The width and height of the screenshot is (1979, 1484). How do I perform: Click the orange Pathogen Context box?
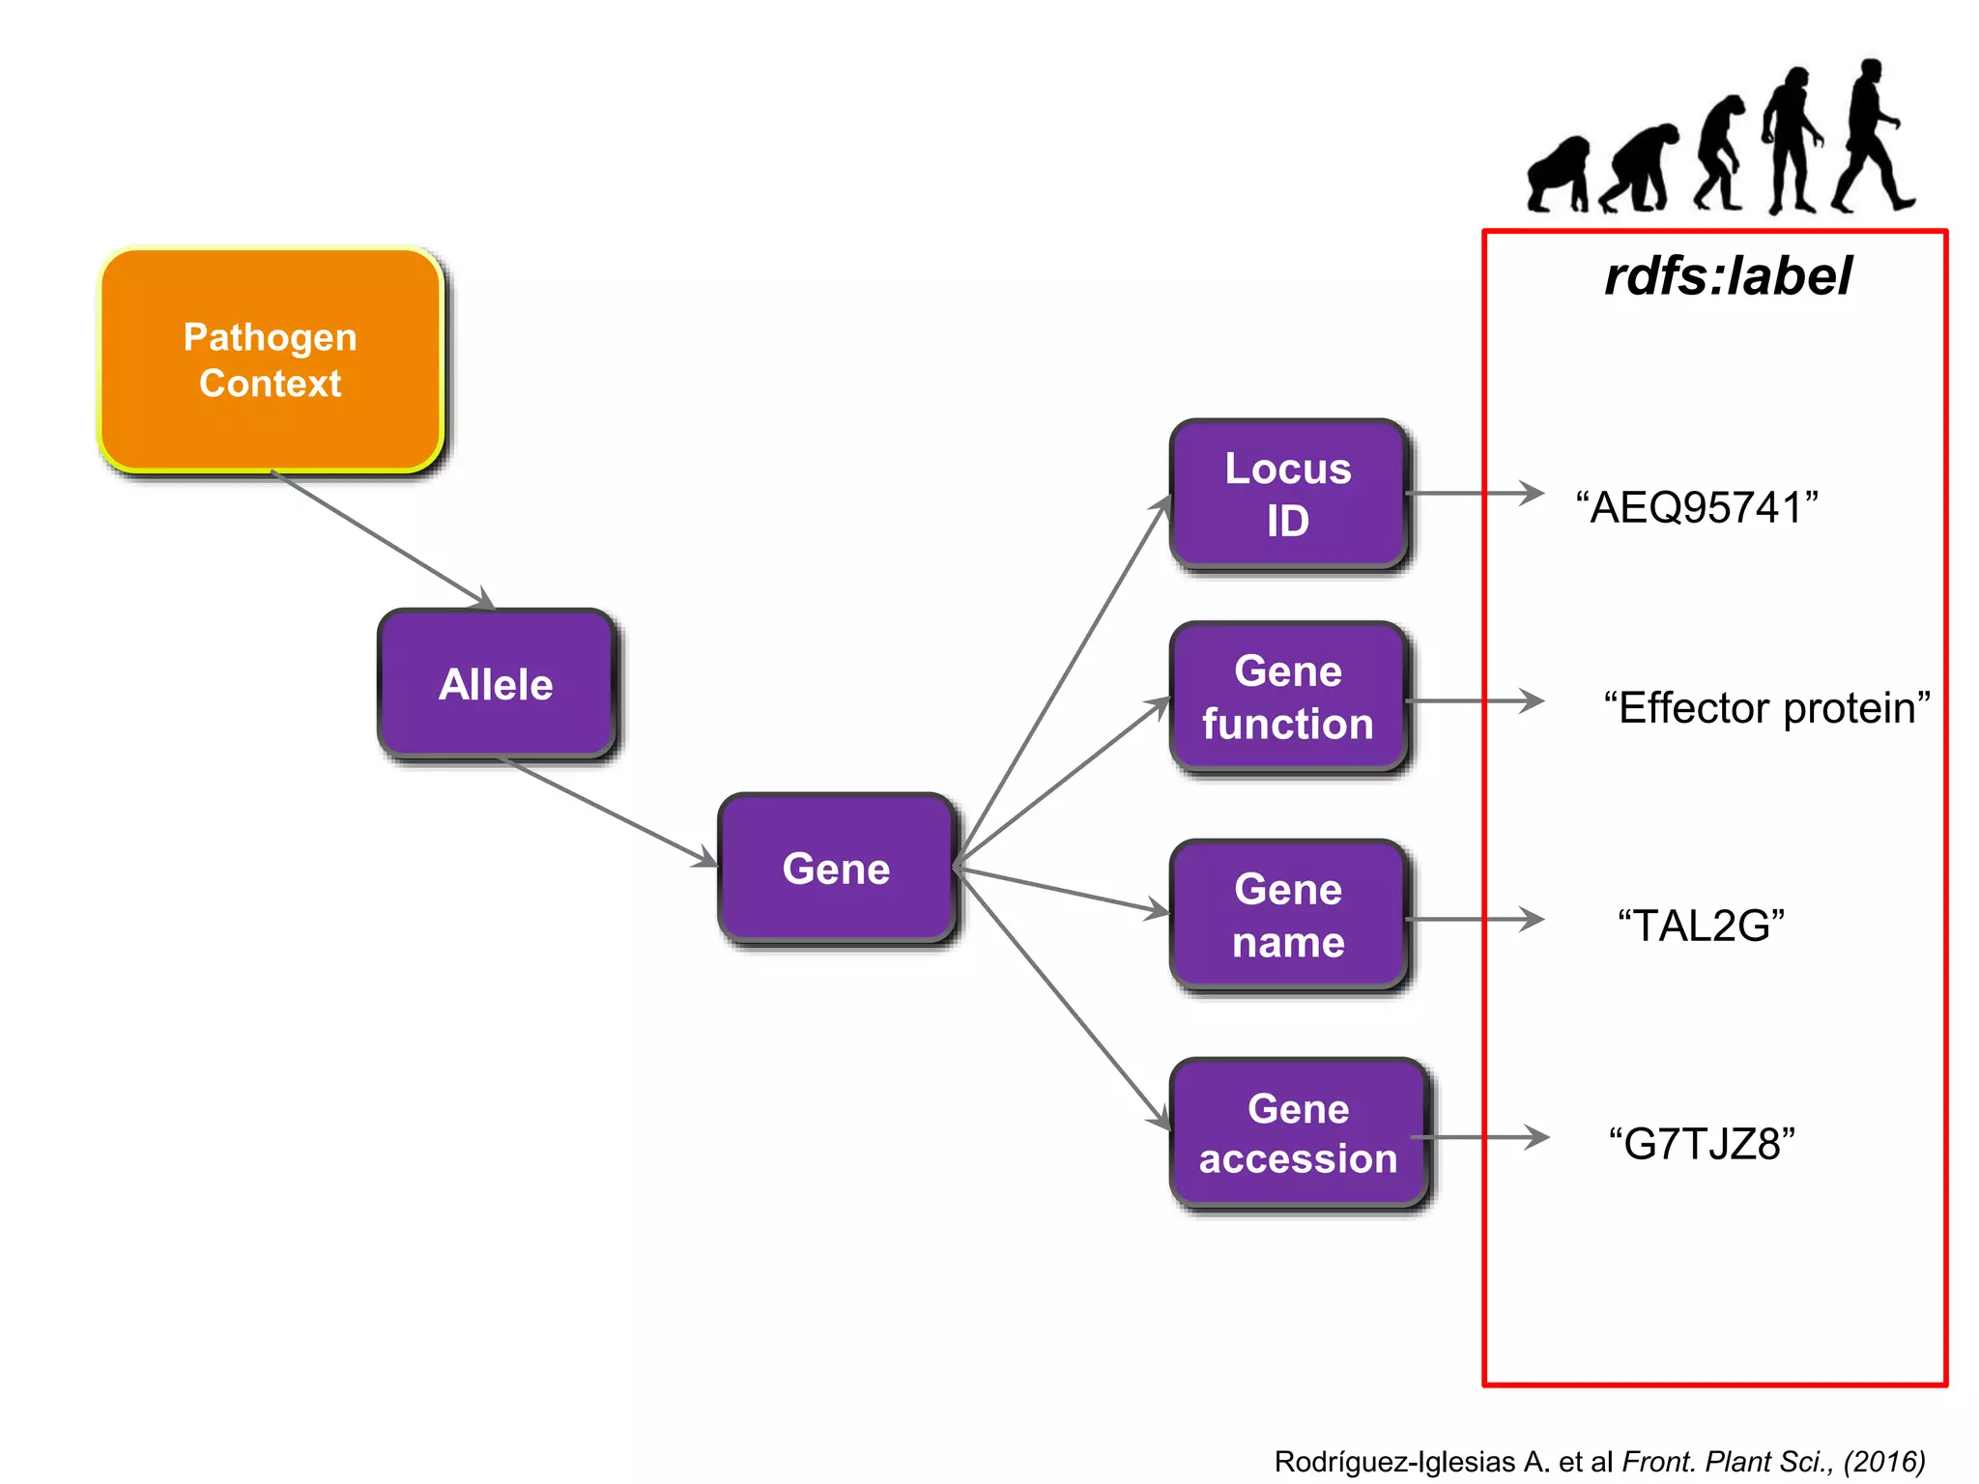point(271,359)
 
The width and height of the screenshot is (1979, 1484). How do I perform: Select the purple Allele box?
point(496,684)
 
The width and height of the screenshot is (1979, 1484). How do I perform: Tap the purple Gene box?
point(836,868)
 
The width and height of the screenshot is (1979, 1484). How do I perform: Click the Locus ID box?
point(1287,494)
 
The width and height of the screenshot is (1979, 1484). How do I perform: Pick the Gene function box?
point(1287,697)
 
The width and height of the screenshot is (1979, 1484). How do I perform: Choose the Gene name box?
point(1287,914)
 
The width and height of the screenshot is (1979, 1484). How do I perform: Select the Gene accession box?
point(1298,1132)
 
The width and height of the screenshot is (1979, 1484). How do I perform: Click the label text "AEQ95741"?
point(1697,507)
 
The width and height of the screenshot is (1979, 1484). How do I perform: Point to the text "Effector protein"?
point(1766,707)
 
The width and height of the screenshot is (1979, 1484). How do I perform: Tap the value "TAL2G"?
point(1701,926)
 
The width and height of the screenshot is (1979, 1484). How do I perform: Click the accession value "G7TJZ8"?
point(1701,1144)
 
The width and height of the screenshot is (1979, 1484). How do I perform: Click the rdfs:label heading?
point(1728,276)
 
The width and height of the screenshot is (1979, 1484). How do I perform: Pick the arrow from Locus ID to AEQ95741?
point(1474,494)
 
